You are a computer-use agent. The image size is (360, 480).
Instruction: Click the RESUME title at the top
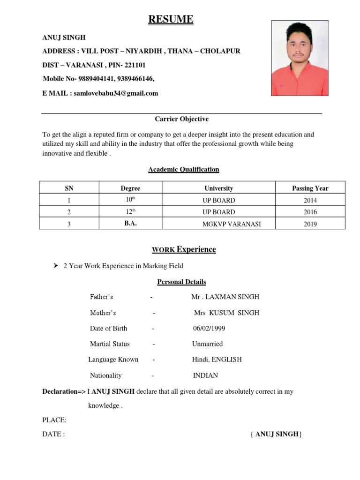point(171,19)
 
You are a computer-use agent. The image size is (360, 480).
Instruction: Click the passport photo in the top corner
point(300,58)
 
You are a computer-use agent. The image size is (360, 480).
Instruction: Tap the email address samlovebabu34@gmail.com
point(116,93)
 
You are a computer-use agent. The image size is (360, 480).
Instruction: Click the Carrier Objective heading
point(182,119)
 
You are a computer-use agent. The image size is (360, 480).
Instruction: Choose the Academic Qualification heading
point(184,169)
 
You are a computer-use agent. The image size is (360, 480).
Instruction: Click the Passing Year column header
point(310,188)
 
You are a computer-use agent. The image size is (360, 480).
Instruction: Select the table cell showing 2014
point(310,200)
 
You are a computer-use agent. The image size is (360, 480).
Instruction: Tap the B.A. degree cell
point(130,224)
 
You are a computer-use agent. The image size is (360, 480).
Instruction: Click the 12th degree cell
point(130,212)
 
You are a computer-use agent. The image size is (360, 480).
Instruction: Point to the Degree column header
point(130,188)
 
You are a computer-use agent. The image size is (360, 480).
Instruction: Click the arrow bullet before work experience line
point(55,266)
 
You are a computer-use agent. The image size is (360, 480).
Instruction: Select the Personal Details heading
point(181,282)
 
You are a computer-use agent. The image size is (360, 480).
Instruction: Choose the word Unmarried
point(207,344)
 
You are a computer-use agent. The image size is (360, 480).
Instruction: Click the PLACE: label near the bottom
point(54,420)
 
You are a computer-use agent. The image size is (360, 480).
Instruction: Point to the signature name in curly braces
point(277,434)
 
